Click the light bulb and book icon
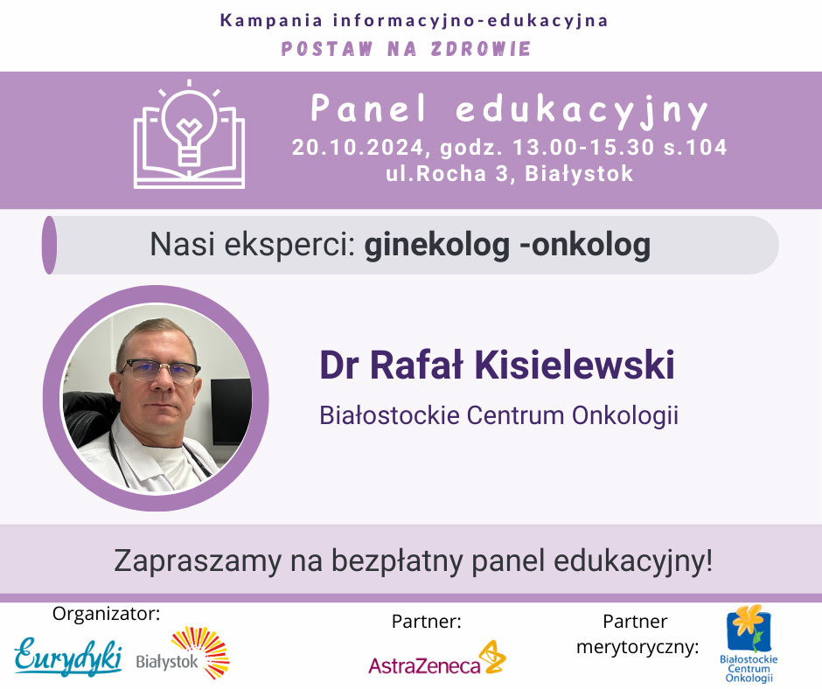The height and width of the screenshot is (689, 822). [x=189, y=135]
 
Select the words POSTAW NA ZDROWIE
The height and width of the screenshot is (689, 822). [x=407, y=49]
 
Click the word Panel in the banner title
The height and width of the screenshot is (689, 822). [x=368, y=108]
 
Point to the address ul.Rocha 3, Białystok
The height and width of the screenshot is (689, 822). [x=510, y=173]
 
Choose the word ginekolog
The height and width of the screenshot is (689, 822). [x=436, y=246]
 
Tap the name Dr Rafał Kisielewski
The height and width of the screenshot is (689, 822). [x=497, y=365]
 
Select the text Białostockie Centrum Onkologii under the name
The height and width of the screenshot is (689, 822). [x=499, y=415]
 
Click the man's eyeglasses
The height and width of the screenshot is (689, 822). [x=160, y=371]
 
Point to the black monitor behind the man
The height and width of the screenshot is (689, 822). [x=231, y=412]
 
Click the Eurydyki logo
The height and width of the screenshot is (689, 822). [x=68, y=656]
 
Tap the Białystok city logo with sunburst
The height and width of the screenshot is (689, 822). [x=183, y=654]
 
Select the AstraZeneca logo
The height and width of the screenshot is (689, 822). [x=437, y=659]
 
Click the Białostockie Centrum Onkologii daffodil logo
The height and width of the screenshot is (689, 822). [x=749, y=644]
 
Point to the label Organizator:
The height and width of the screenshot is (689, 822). [x=107, y=613]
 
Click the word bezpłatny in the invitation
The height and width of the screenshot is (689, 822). [x=399, y=561]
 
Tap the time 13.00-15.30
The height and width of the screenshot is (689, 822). [x=583, y=148]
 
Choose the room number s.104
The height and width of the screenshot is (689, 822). [x=696, y=148]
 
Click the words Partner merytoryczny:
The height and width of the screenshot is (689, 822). [x=637, y=635]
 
